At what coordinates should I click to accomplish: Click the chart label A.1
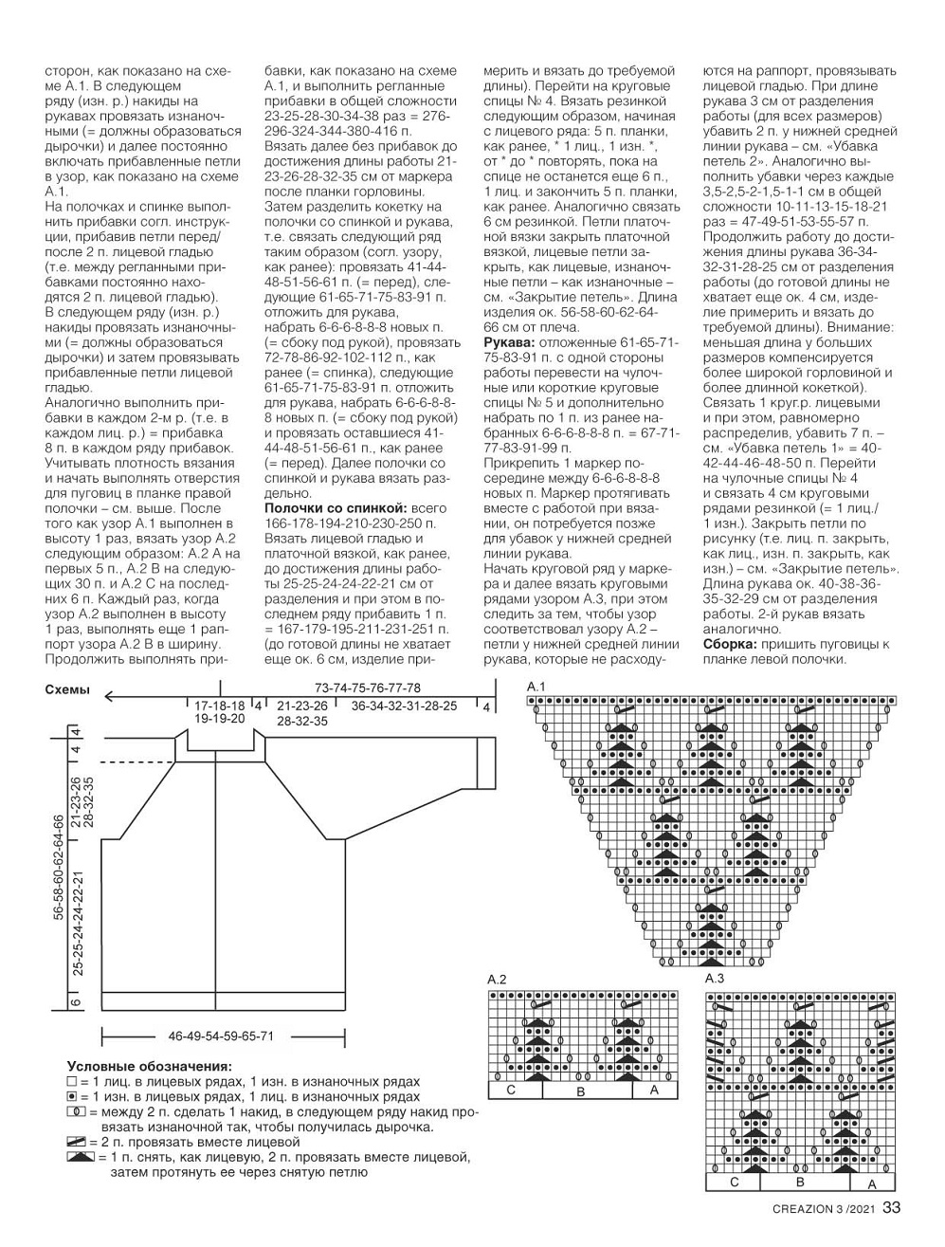pos(536,687)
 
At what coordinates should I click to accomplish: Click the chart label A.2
pos(497,979)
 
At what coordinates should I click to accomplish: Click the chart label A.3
pos(715,978)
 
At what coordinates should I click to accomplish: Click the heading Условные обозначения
pos(149,1066)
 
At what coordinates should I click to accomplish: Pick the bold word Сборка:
pos(729,644)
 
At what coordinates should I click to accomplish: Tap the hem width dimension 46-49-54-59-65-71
pos(221,1036)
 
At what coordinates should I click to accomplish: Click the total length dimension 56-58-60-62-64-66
pos(59,866)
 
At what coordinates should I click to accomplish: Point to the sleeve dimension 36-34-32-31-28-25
pos(404,706)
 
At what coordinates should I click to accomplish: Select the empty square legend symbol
pos(71,1082)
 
